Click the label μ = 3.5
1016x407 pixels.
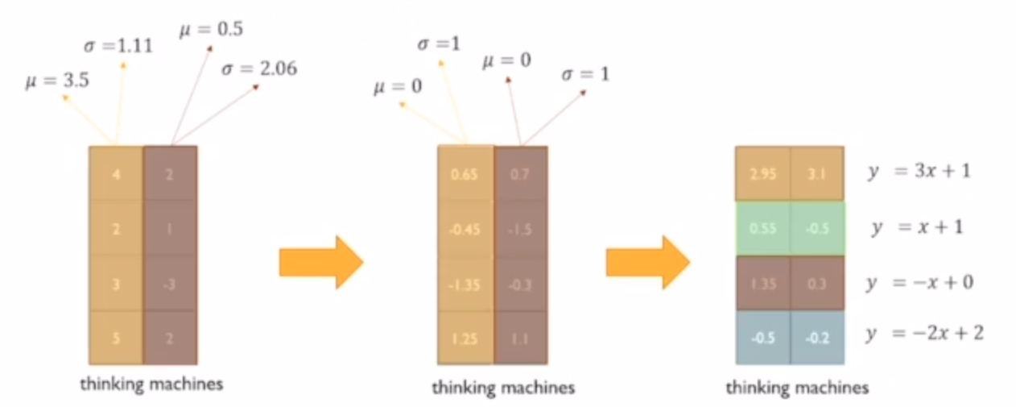click(56, 81)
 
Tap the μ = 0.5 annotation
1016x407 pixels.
click(210, 30)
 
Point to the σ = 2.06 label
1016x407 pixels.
click(258, 69)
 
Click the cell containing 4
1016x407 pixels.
click(116, 173)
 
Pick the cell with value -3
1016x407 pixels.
click(170, 283)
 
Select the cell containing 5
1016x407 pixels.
click(116, 338)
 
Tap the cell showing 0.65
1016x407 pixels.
click(465, 173)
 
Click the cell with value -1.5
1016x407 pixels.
click(520, 228)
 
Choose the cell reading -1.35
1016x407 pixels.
click(465, 283)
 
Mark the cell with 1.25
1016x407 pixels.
click(465, 338)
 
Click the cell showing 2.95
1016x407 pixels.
click(762, 173)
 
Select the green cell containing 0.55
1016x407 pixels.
click(762, 228)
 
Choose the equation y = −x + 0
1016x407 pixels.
click(918, 283)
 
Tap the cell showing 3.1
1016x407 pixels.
click(816, 173)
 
